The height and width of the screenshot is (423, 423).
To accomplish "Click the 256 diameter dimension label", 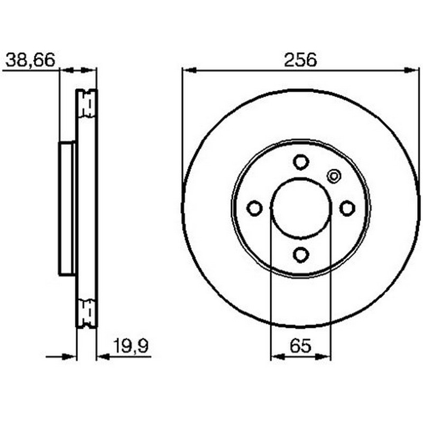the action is click(300, 60).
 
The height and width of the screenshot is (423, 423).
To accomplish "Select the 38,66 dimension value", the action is click(30, 60).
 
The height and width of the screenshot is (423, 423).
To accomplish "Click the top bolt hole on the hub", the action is click(301, 162).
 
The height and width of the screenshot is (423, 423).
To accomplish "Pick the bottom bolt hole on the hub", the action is click(301, 254).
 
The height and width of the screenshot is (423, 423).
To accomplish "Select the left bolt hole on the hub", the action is click(254, 208).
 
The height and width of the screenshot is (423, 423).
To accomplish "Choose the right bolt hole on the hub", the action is click(347, 208).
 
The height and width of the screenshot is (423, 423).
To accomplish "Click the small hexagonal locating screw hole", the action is click(334, 176).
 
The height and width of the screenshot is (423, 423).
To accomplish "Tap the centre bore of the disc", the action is click(300, 208).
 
